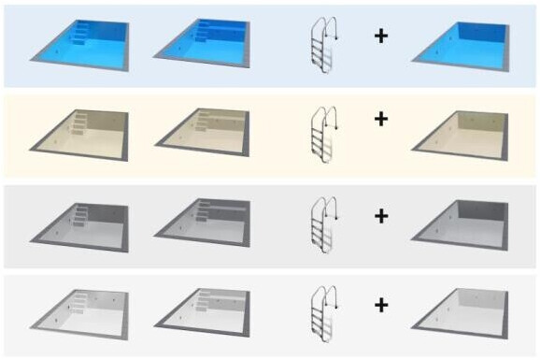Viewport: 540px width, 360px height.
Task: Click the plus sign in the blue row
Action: click(x=381, y=36)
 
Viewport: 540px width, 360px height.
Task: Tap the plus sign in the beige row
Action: click(x=381, y=120)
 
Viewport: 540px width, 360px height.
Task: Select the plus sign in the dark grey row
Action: click(x=381, y=216)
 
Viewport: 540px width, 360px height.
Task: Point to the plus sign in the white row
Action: click(x=381, y=304)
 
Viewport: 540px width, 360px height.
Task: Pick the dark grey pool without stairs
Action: click(x=462, y=223)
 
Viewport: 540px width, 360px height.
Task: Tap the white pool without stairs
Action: click(x=462, y=311)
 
